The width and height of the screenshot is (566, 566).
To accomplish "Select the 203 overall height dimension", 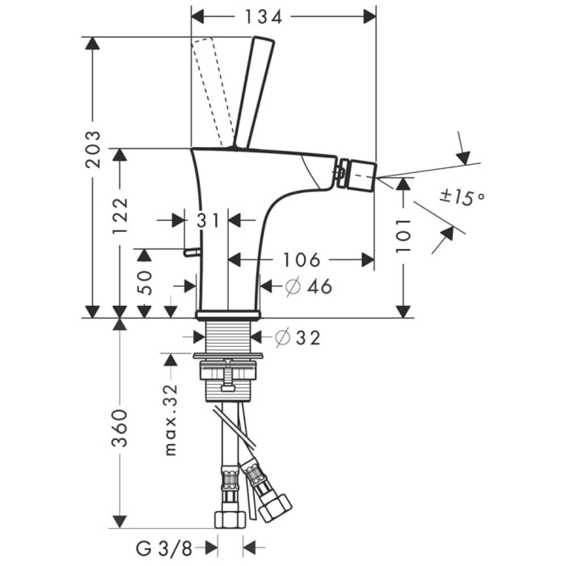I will (x=95, y=149).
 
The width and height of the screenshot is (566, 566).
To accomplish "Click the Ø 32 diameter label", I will (x=298, y=338).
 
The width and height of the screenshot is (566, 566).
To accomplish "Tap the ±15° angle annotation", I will (x=462, y=196).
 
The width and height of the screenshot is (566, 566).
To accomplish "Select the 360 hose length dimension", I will (x=120, y=429).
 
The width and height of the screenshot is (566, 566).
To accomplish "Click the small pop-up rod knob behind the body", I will (x=191, y=253).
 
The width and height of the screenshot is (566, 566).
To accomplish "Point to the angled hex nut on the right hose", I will (x=274, y=501).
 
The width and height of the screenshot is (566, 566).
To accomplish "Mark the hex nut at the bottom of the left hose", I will (x=229, y=519).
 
